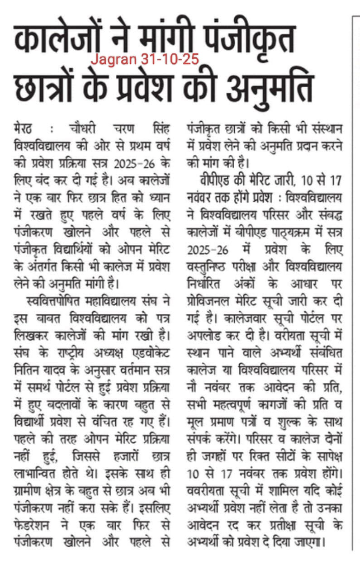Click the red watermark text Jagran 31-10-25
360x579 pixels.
145,59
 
